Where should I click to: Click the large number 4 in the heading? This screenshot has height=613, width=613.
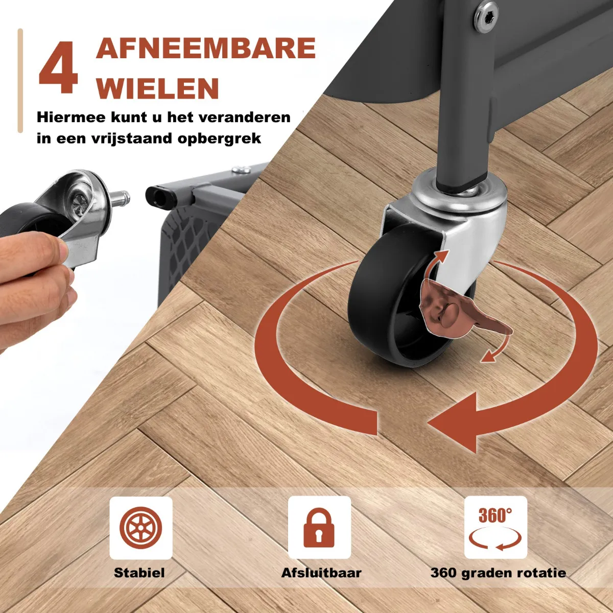click(x=58, y=67)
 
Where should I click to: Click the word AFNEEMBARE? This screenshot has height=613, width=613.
click(x=205, y=48)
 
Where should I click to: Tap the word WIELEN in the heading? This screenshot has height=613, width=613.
click(x=157, y=88)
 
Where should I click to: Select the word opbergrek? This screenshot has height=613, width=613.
click(x=219, y=139)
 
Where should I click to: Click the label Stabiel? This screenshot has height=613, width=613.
click(x=139, y=573)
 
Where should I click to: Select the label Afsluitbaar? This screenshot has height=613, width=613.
click(x=321, y=573)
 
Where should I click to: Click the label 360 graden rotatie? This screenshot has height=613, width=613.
click(x=498, y=573)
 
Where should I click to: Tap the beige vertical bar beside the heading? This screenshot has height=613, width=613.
click(x=20, y=80)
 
